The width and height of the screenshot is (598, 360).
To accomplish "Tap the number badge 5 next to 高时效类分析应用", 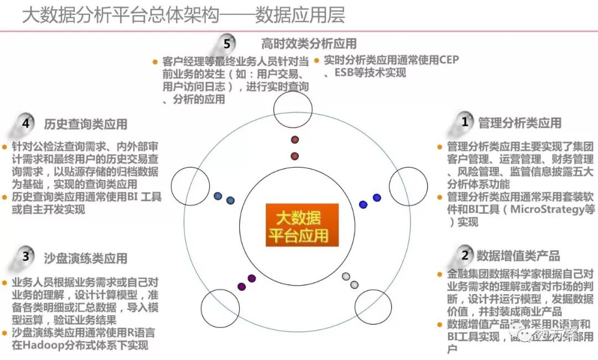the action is click(x=226, y=43).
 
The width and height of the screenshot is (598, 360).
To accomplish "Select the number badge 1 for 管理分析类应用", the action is click(x=465, y=122).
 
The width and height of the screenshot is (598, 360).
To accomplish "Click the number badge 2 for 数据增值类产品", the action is click(x=465, y=255).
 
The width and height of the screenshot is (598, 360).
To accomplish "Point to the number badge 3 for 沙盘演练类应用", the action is click(x=25, y=256).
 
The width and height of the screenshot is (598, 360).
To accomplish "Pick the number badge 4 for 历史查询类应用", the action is click(x=25, y=123).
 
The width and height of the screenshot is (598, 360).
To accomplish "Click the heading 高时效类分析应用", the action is click(x=308, y=43).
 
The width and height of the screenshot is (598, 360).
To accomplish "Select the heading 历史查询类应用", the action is click(x=85, y=124).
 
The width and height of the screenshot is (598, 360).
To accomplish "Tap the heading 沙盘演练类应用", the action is click(x=85, y=258).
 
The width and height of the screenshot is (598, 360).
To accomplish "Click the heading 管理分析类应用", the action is click(x=519, y=122).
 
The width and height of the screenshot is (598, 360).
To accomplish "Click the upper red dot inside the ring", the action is click(x=295, y=140).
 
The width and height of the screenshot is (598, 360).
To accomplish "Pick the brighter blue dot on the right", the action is click(x=377, y=198).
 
